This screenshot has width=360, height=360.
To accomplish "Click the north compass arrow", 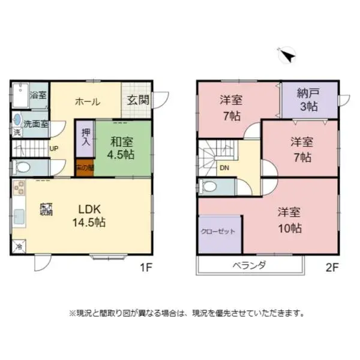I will tap(287, 56).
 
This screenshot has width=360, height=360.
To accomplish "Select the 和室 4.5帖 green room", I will tap(121, 148).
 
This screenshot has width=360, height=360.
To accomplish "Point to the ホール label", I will tap(87, 101).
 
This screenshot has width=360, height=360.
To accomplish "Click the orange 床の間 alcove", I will tap(85, 168).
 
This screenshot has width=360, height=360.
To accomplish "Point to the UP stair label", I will tap(54, 148).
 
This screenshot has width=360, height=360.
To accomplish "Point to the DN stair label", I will tap(224, 167).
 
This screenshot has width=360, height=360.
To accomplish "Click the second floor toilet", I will tap(210, 186).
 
